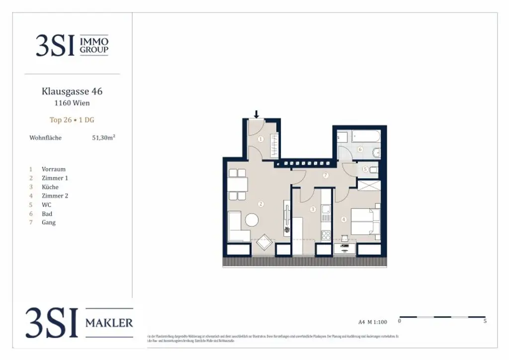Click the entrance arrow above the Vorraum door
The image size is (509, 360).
click(256, 115)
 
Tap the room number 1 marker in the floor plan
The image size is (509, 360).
click(260, 139)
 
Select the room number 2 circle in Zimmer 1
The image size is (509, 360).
click(260, 203)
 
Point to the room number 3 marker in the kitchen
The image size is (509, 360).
click(313, 209)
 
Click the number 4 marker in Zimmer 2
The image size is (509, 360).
click(343, 219)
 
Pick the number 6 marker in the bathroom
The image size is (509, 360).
click(360, 149)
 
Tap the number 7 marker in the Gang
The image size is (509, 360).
click(326, 175)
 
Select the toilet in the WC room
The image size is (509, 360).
click(374, 170)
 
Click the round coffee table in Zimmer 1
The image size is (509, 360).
click(252, 220)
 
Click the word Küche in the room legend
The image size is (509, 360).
click(50, 187)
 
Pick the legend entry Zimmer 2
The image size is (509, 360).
click(55, 196)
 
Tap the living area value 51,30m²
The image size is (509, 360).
click(103, 138)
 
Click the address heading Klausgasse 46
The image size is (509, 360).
click(72, 91)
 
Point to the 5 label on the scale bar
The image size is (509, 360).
click(485, 321)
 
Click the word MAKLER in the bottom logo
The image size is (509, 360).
click(109, 323)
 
